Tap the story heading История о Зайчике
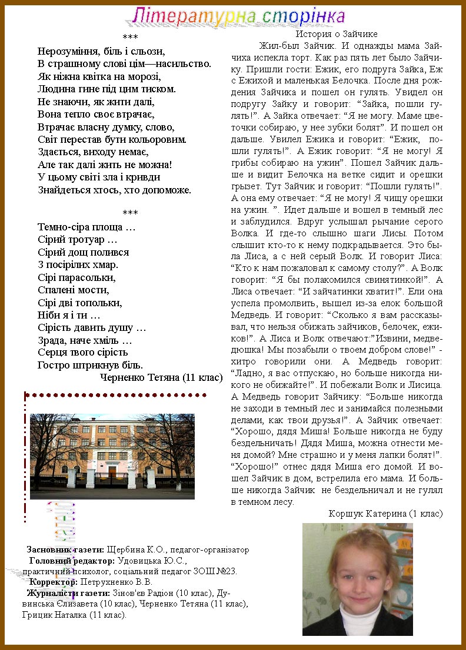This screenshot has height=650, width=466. click(x=337, y=34)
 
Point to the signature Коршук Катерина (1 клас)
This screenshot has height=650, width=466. click(x=385, y=514)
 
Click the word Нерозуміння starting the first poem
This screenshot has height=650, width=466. click(x=66, y=51)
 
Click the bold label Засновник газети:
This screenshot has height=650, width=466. click(x=65, y=550)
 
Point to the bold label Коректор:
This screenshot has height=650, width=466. click(x=54, y=582)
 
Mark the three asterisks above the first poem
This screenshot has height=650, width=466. click(x=130, y=38)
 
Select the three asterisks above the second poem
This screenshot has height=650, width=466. click(x=130, y=213)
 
